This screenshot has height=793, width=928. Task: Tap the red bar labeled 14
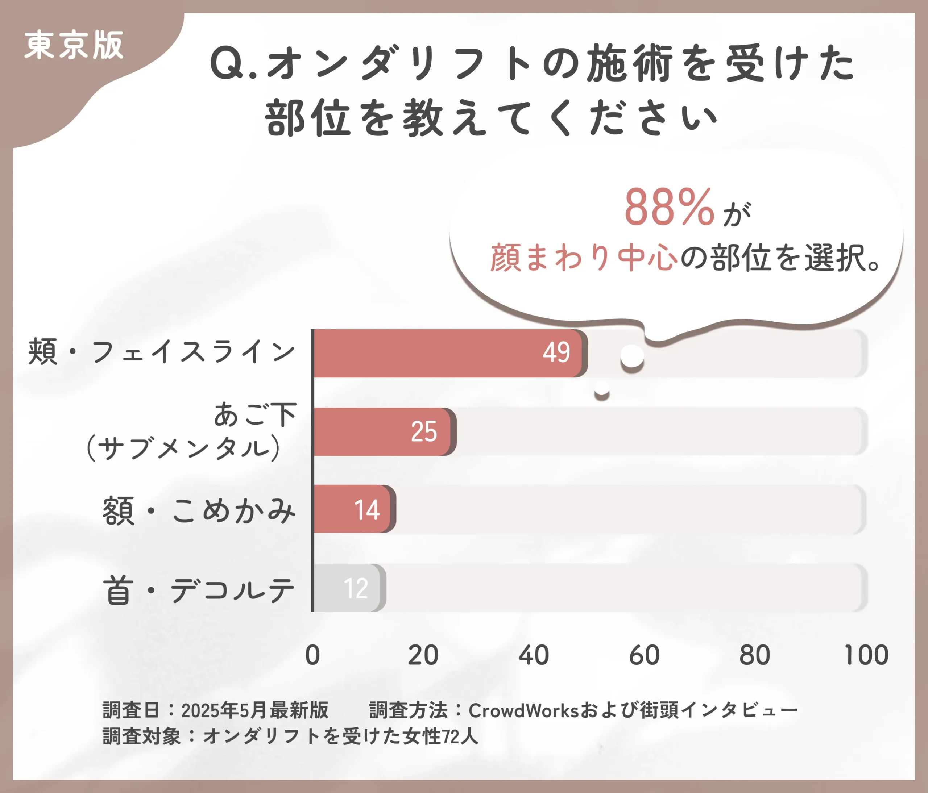point(354,509)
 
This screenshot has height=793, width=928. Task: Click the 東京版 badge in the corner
point(74,46)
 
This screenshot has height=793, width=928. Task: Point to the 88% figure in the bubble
point(669,208)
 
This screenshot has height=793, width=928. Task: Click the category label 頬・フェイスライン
point(161,351)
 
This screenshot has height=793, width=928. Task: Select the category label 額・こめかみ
point(199,510)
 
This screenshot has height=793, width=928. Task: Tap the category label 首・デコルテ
point(199,590)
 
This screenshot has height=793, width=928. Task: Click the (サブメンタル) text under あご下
point(184,448)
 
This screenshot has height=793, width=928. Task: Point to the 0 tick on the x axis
point(312,655)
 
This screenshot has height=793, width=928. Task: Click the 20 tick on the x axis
point(423,655)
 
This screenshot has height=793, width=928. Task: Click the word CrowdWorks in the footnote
point(523,710)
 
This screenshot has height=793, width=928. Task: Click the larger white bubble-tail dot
point(632,356)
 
